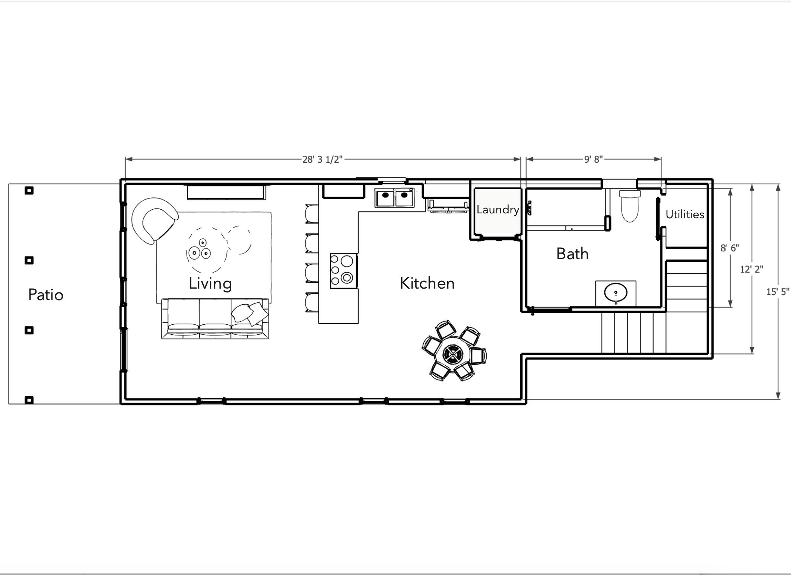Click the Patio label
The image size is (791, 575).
coord(46,295)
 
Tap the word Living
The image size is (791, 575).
coord(210,283)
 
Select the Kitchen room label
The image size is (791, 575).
coord(427,283)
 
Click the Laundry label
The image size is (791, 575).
coord(498,210)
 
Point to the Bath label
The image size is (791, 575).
coord(572,254)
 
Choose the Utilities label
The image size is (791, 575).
coord(684,215)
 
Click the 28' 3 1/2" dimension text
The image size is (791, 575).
coord(322,159)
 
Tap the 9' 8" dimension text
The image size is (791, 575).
coord(593,159)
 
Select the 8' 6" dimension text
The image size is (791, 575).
coord(730,248)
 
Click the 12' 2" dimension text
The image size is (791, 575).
coord(751,269)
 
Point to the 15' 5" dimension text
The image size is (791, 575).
coord(777,292)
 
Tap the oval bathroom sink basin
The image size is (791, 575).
coord(616,293)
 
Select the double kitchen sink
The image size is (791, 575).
coord(394,198)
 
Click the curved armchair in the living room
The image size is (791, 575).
coord(154,219)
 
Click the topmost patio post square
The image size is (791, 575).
coord(29,191)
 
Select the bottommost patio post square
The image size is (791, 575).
coord(29,400)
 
